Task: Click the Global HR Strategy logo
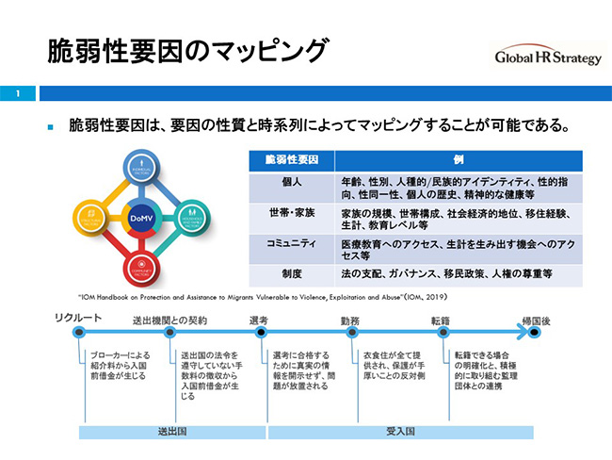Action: (x=547, y=57)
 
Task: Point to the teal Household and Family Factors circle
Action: (x=190, y=218)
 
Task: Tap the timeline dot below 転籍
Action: (x=443, y=334)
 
